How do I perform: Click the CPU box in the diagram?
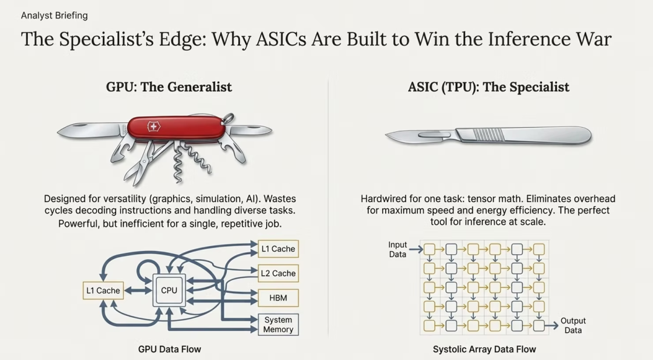(169, 290)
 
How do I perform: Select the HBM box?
(278, 298)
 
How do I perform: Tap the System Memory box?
(278, 325)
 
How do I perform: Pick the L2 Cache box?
(278, 273)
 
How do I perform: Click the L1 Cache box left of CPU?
(103, 290)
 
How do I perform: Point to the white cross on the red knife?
(154, 127)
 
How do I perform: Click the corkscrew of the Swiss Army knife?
(179, 163)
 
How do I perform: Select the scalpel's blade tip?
(388, 139)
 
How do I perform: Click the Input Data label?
(398, 249)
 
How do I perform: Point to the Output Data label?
(573, 326)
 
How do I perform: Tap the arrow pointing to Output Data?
(551, 326)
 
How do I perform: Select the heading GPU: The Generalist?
(169, 87)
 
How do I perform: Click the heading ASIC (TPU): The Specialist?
(489, 87)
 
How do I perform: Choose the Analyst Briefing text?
(54, 16)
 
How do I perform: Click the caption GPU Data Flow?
(169, 349)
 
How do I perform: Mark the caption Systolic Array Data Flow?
(484, 349)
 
